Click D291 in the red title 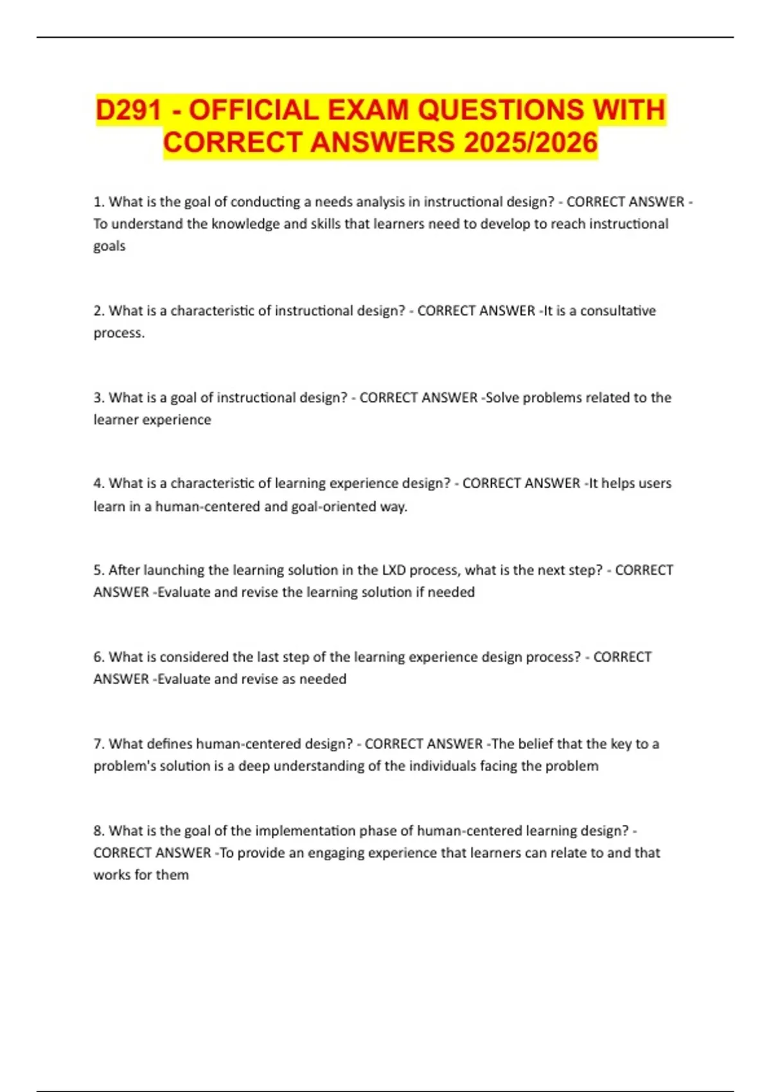click(128, 110)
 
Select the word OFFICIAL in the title click(254, 110)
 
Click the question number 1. click(98, 202)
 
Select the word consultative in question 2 click(618, 311)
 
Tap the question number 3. click(98, 398)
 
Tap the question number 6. click(98, 657)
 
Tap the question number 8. click(98, 831)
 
